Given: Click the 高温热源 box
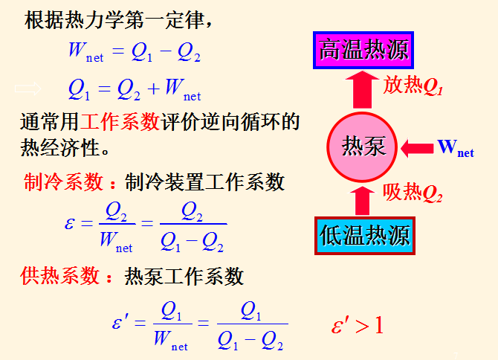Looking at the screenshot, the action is [x=363, y=51].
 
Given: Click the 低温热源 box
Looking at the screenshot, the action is [x=363, y=237].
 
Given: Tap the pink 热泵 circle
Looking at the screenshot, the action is [x=363, y=146].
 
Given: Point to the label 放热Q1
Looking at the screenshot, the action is [x=413, y=87].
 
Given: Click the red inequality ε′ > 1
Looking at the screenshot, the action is [x=358, y=325].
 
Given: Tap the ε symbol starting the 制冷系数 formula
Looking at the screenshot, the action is [x=70, y=224].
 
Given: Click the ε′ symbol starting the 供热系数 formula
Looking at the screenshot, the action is [x=120, y=324].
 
